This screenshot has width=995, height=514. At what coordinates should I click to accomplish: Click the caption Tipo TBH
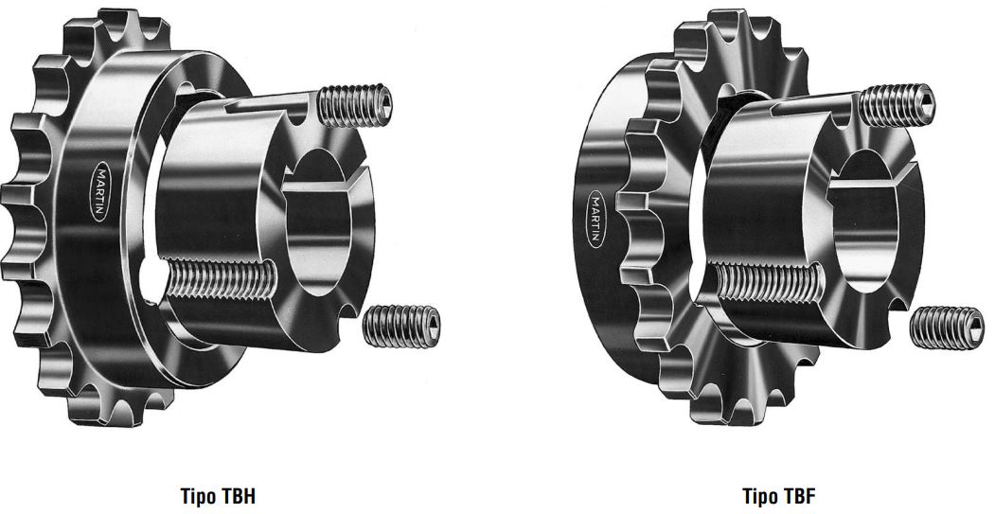pos(218,496)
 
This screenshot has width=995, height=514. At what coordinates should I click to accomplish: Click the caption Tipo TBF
pos(778,496)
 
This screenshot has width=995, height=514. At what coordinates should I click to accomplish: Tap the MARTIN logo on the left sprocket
pos(101,191)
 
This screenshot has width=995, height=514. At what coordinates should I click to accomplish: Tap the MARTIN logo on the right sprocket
pos(595,219)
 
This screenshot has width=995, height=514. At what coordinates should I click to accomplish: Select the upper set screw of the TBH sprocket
pos(354,105)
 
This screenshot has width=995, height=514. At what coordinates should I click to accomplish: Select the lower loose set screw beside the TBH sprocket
pos(401,327)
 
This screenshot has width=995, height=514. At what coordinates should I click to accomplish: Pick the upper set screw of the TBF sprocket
pos(897,105)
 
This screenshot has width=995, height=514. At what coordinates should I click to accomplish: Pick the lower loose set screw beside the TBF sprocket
pos(947,328)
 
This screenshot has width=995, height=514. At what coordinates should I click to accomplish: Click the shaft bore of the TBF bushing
pos(863,222)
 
